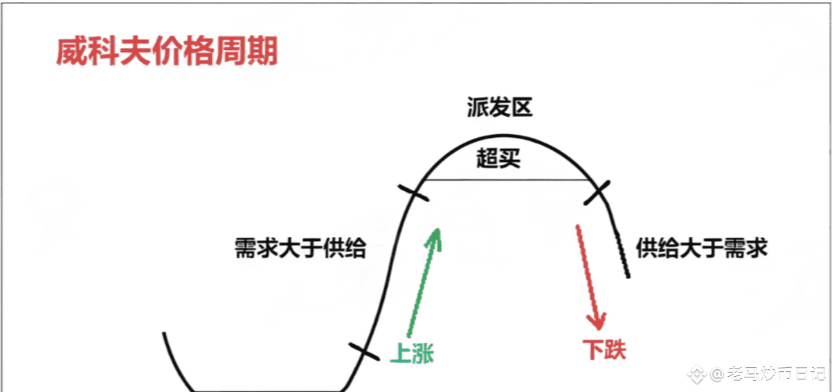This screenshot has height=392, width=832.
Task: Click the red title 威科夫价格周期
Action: [x=167, y=51]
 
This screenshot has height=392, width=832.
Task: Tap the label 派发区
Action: [x=500, y=109]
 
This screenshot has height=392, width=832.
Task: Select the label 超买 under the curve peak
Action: [x=498, y=160]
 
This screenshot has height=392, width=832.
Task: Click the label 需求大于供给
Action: [x=300, y=248]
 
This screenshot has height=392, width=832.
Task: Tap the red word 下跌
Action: [x=604, y=348]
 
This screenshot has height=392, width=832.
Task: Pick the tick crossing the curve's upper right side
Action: [x=596, y=193]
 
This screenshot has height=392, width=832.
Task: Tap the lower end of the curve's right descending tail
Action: [x=628, y=276]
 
